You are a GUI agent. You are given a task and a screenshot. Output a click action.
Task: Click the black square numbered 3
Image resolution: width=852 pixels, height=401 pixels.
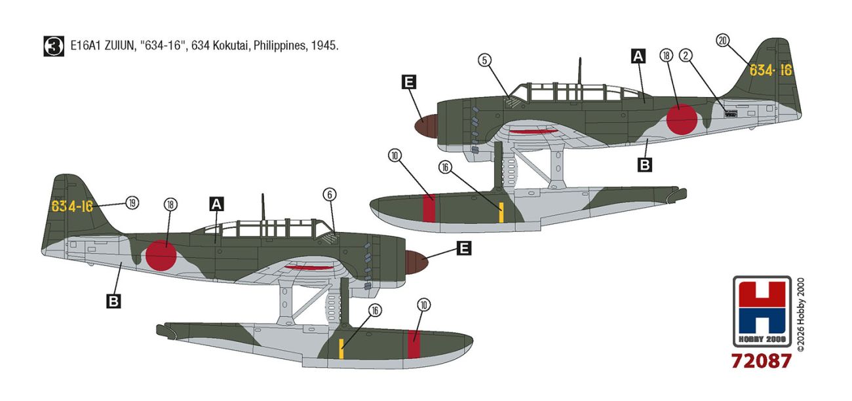(54, 46)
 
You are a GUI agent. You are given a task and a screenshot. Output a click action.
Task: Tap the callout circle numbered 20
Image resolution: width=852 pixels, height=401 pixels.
(723, 40)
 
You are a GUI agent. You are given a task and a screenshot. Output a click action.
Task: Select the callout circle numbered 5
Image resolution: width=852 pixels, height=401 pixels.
(484, 60)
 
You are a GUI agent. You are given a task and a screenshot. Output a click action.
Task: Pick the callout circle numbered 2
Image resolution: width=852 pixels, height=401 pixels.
(686, 56)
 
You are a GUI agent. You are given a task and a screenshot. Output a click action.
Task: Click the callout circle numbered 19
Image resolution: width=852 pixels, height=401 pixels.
(132, 202)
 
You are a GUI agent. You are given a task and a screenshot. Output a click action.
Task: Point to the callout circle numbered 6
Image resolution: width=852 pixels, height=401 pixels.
(330, 195)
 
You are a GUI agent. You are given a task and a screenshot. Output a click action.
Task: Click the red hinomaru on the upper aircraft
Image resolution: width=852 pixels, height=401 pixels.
(682, 119)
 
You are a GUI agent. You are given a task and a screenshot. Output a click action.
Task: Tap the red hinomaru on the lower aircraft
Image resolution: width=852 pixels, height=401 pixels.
(161, 256)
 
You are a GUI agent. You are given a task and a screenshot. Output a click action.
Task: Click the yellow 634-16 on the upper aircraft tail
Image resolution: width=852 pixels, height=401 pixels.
(771, 70)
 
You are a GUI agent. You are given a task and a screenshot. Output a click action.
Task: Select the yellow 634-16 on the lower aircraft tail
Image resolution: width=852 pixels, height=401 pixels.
(72, 206)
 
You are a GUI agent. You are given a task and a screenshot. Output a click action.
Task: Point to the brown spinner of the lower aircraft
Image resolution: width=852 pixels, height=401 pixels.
(416, 262)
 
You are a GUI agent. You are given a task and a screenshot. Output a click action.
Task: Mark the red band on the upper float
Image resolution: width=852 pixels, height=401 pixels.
(429, 208)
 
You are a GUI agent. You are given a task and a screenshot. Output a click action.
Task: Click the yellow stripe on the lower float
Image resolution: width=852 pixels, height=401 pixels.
(341, 349)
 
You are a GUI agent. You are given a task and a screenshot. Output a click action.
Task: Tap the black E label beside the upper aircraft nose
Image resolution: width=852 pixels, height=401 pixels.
(409, 82)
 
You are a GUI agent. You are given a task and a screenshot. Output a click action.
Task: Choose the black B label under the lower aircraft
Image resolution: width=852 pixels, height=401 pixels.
(113, 302)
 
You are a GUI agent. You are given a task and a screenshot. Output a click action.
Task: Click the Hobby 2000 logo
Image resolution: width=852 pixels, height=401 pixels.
(762, 311)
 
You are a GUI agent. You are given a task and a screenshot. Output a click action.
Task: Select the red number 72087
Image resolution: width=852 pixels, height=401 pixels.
(761, 360)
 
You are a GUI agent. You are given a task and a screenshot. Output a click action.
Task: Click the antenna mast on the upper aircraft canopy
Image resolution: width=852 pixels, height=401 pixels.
(579, 71)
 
